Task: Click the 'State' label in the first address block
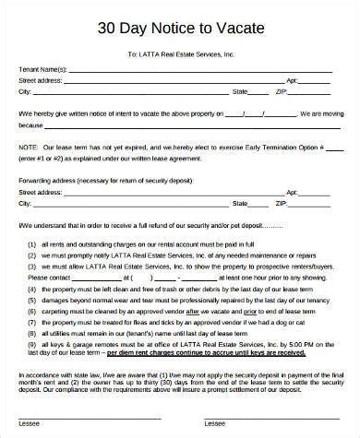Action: point(239,91)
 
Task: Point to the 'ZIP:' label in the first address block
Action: point(282,91)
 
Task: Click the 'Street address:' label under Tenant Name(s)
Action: point(41,80)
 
